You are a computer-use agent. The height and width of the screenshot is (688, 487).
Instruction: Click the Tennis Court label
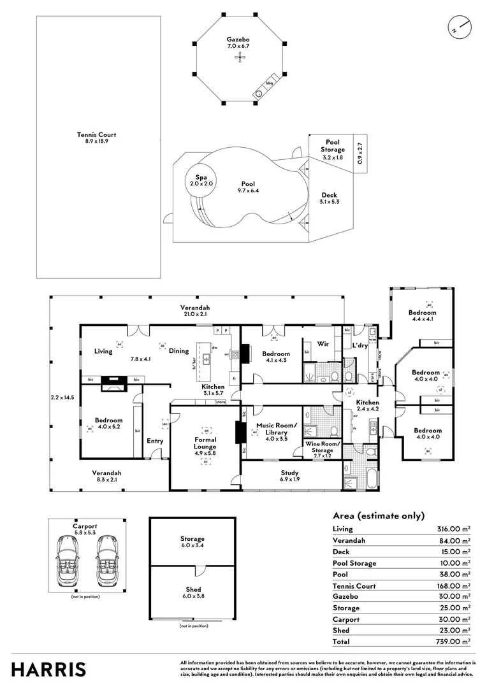pos(96,138)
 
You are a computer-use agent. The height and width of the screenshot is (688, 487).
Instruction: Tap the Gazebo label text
pos(238,43)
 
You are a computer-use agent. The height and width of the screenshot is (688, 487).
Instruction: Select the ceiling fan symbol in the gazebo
pos(239,58)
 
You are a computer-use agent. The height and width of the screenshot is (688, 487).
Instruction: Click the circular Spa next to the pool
pos(200,180)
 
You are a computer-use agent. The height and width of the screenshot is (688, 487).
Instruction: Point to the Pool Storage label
pos(333,150)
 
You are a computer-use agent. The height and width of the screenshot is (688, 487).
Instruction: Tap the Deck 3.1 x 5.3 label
pos(329,199)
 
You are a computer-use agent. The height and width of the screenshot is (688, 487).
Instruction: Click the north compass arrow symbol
pos(459,28)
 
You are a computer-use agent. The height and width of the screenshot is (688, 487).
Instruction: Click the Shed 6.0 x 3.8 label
pos(192,592)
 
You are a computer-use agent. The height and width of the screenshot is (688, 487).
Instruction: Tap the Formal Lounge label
pos(205,443)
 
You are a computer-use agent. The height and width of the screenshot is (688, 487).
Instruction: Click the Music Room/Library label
pos(276,429)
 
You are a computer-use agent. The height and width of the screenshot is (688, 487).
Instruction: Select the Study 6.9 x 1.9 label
pos(290,476)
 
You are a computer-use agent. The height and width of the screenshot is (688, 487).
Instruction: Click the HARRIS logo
pos(48,669)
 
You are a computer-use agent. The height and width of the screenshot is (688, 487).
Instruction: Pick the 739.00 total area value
pos(451,642)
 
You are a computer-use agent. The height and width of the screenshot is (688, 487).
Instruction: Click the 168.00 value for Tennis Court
pos(451,586)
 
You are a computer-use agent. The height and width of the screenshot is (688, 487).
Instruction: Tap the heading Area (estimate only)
pos(379,516)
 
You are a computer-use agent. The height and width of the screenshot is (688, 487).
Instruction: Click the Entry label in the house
pos(155,441)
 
